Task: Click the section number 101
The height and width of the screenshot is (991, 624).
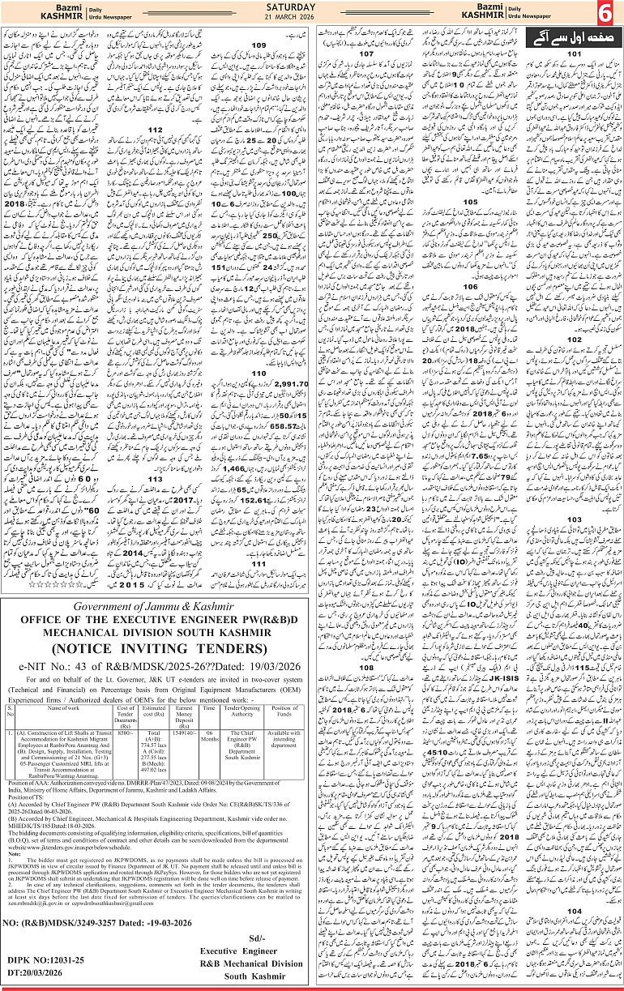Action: (574, 53)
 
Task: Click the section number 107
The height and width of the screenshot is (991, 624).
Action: (368, 53)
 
